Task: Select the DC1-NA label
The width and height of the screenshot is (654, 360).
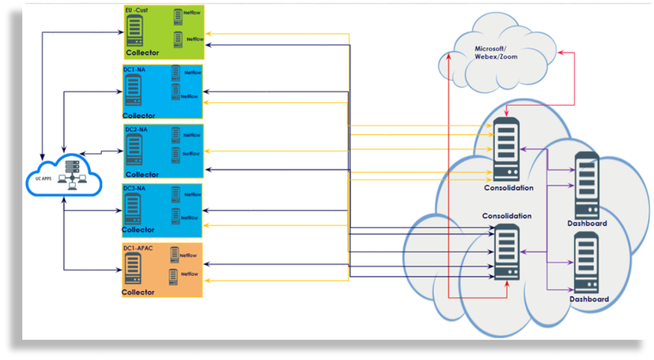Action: [135, 69]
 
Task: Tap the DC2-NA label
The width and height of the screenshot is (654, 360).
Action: [135, 129]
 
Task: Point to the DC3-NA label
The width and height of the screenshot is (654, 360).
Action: [135, 188]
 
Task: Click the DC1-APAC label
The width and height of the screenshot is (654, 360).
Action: [138, 248]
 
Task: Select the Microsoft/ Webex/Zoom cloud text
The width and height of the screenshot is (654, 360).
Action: [496, 53]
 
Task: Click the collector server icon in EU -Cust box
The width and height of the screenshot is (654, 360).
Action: [135, 31]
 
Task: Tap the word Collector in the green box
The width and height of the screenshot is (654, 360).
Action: [142, 53]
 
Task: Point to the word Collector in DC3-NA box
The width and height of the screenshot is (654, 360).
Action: [138, 230]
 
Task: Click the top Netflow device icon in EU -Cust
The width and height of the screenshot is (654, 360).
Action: [178, 15]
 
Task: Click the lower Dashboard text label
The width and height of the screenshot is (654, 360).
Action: [589, 299]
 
